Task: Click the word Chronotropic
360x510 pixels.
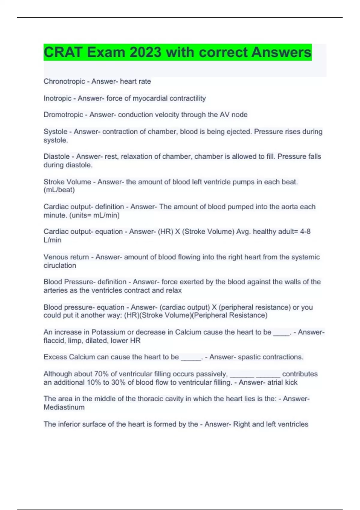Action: point(64,81)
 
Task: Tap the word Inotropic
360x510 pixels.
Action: point(57,98)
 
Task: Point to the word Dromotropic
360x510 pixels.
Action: point(63,115)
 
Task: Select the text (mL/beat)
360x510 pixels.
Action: point(59,190)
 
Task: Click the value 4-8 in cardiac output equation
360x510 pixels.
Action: point(305,232)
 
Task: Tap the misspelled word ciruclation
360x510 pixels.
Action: point(60,265)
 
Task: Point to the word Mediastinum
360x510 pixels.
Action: point(64,407)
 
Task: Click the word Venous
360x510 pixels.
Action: point(55,257)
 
